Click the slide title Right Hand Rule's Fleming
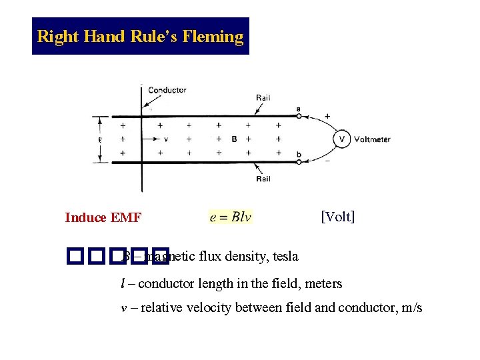pyautogui.click(x=140, y=36)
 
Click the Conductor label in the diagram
pyautogui.click(x=167, y=90)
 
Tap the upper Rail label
pyautogui.click(x=263, y=97)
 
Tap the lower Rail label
pyautogui.click(x=263, y=179)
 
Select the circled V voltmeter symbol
pyautogui.click(x=342, y=139)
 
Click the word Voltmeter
pyautogui.click(x=372, y=139)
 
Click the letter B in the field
pyautogui.click(x=234, y=139)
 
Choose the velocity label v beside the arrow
pyautogui.click(x=165, y=139)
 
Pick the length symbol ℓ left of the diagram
pyautogui.click(x=99, y=139)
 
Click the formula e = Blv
pyautogui.click(x=231, y=217)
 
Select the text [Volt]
pyautogui.click(x=337, y=217)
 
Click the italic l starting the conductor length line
pyautogui.click(x=122, y=284)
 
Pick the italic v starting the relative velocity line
pyautogui.click(x=123, y=308)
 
